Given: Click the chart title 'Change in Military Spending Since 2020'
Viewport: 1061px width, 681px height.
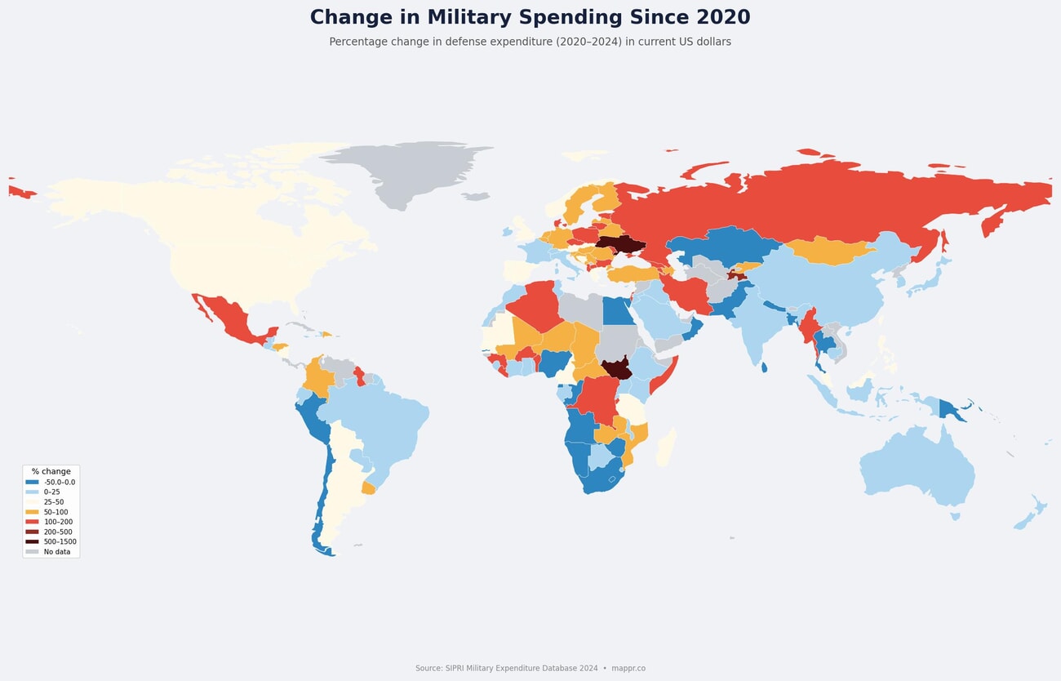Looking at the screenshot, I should pos(530,18).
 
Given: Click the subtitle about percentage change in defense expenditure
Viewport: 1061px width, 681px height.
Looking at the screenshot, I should pos(530,42).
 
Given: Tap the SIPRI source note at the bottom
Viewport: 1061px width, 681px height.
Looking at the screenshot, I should pos(530,668).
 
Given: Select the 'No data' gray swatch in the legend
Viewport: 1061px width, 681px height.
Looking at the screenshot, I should pos(32,552).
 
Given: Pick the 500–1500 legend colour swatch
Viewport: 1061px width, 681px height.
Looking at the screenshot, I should pos(32,541).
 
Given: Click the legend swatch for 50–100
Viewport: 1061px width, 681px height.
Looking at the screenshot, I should pos(32,512).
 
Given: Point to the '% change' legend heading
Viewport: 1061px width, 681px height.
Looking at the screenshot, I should pos(51,471).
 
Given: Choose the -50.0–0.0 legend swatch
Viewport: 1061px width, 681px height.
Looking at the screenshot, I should pos(32,483).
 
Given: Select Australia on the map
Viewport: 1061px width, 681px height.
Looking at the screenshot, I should pos(914,465).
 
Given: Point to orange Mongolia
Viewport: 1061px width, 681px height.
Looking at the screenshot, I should pos(828,250).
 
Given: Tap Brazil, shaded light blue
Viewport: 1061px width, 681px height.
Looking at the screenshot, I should pos(384,425).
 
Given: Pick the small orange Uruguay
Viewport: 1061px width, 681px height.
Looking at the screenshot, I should pos(368,488).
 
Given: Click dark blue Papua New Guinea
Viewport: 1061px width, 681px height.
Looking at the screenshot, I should pos(952,409).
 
